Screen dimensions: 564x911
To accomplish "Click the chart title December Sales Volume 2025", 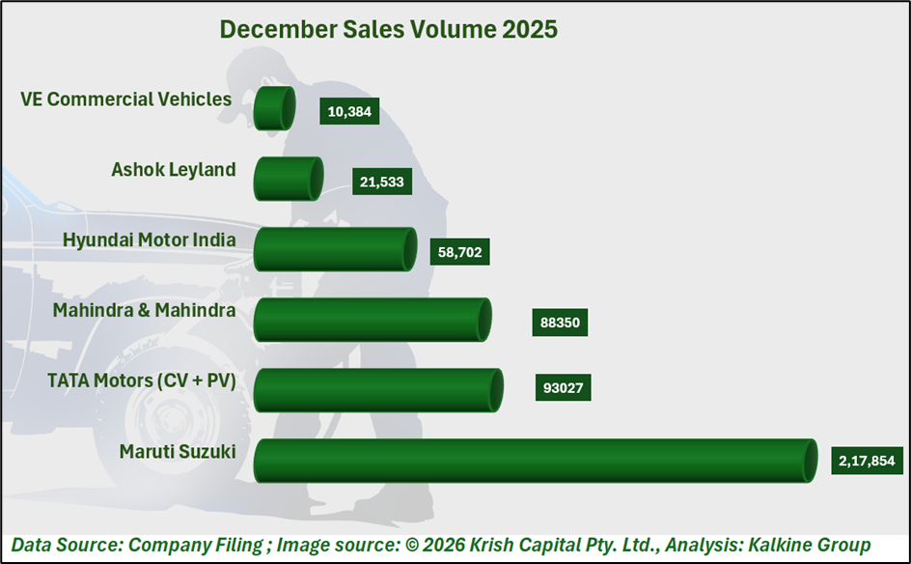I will [388, 29].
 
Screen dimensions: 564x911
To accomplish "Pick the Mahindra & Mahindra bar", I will [373, 320].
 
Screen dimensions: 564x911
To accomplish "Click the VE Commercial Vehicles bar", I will [274, 108].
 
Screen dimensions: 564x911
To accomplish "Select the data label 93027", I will [563, 387].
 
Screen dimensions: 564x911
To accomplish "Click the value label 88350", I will [560, 322].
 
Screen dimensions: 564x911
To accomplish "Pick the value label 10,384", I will [349, 111].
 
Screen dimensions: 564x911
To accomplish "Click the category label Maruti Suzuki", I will [178, 451].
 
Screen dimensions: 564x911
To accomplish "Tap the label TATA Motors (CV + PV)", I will [142, 381].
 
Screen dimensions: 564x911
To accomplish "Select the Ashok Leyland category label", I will [174, 170].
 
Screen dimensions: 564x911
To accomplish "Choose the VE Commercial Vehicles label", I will [125, 99].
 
